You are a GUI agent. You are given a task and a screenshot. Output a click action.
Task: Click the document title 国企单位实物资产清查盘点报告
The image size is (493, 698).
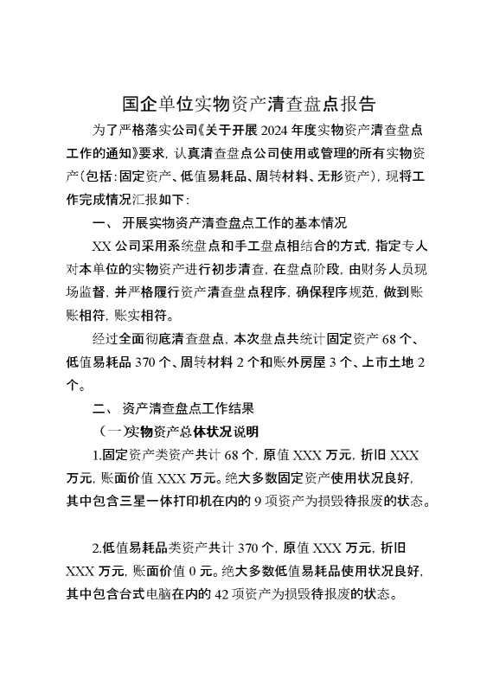pos(246,105)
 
